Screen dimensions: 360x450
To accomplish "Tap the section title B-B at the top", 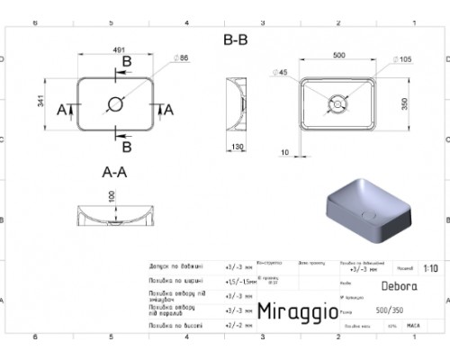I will point(236,40).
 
